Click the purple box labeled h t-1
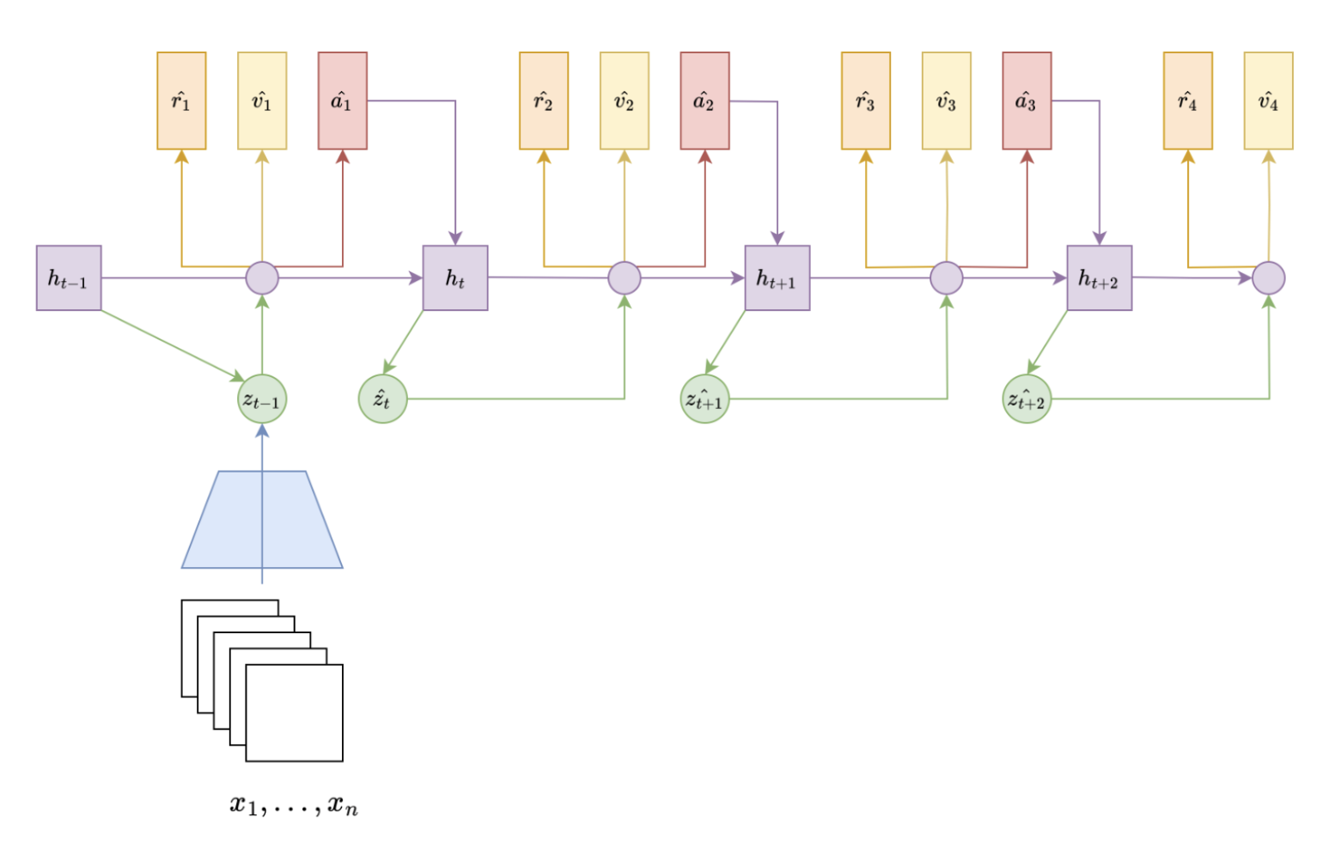(x=69, y=278)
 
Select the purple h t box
(x=455, y=278)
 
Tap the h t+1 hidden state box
(x=777, y=278)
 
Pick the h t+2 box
(x=1100, y=278)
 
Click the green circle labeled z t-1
(x=262, y=399)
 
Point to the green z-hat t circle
(x=382, y=399)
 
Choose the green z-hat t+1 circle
(x=704, y=399)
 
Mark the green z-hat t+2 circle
(x=1027, y=399)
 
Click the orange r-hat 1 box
(x=181, y=101)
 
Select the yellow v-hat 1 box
(x=262, y=101)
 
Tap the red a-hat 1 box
(x=343, y=101)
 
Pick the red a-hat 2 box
(x=704, y=101)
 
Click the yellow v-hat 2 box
(x=625, y=101)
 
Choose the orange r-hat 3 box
(x=866, y=101)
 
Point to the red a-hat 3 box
(x=1027, y=101)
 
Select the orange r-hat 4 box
(x=1188, y=101)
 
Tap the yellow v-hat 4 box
(x=1268, y=101)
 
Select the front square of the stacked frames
(x=295, y=713)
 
